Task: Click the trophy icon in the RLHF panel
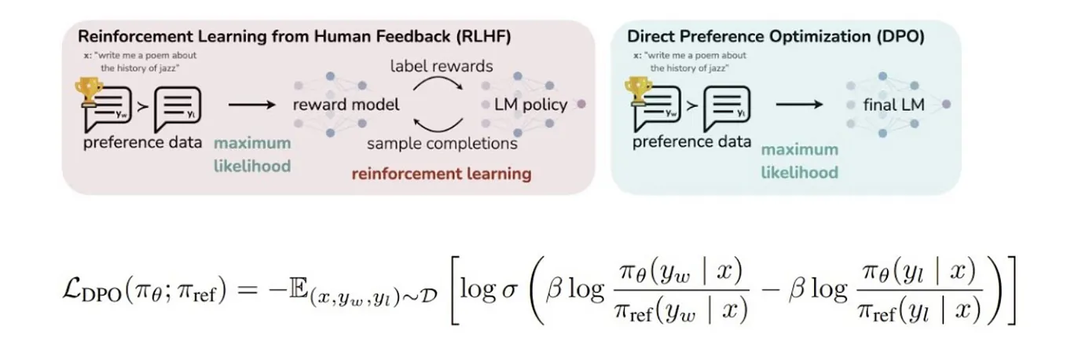click(89, 91)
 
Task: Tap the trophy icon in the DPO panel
click(638, 91)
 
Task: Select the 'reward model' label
click(346, 105)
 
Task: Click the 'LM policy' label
click(530, 105)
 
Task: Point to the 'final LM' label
click(893, 105)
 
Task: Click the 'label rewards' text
click(442, 66)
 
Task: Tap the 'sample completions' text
click(442, 143)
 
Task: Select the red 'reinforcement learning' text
click(442, 174)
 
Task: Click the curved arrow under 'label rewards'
click(438, 79)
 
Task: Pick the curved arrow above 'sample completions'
click(438, 129)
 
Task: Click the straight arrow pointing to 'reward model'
click(252, 105)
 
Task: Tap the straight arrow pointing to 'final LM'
click(799, 105)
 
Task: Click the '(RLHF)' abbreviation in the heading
click(483, 37)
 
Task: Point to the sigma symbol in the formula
click(509, 290)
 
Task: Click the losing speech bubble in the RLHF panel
click(178, 108)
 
